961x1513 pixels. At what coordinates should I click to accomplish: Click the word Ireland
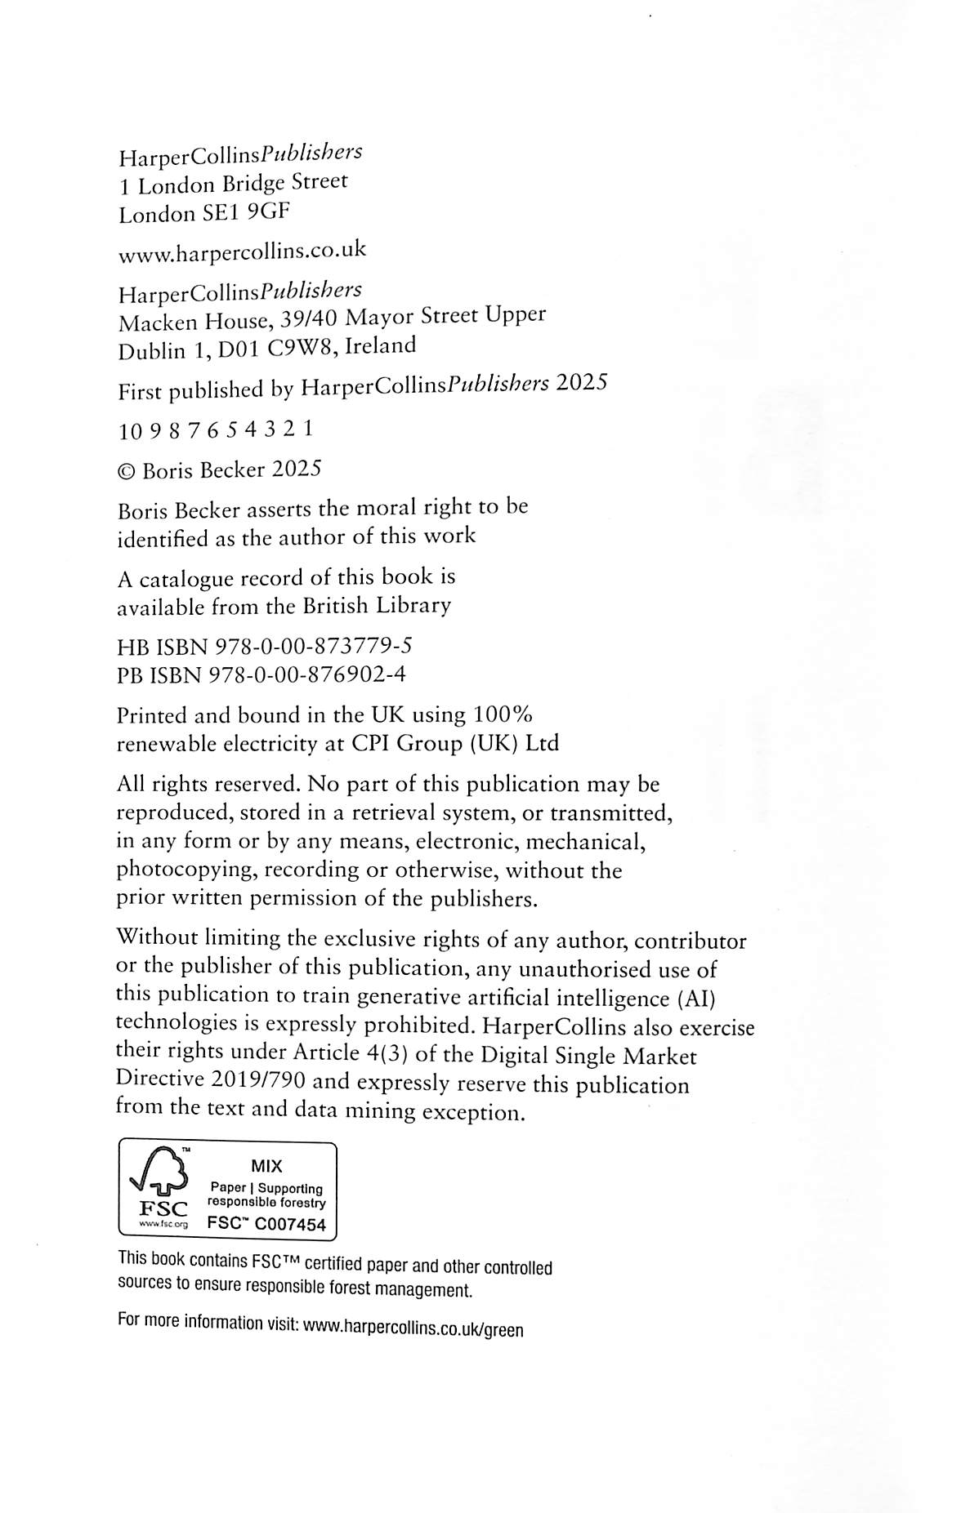click(x=380, y=345)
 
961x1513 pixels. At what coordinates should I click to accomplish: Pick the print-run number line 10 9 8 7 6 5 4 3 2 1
click(x=216, y=429)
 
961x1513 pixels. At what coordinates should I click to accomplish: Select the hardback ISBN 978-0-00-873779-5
click(x=313, y=647)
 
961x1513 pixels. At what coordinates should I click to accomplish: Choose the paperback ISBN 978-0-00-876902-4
click(x=308, y=675)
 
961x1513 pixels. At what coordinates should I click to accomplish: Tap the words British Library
click(x=377, y=606)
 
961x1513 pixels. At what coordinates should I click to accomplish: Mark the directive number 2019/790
click(x=258, y=1080)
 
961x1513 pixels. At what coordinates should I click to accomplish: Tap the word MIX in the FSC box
click(x=266, y=1166)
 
